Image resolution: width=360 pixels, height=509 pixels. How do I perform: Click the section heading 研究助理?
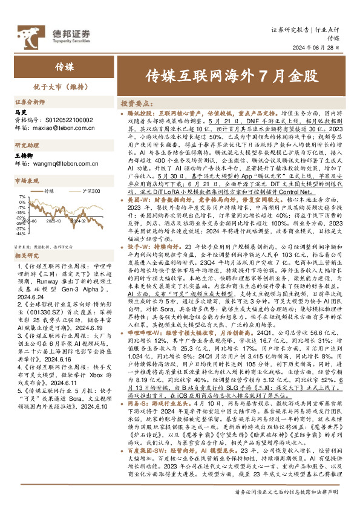point(26,145)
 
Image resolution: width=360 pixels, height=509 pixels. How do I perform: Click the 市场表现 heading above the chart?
point(26,181)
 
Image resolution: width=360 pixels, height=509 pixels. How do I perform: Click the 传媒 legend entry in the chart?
point(50,190)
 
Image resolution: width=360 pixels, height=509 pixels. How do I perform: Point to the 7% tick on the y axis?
point(22,197)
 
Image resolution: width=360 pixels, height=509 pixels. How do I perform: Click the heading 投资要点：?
point(136,103)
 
